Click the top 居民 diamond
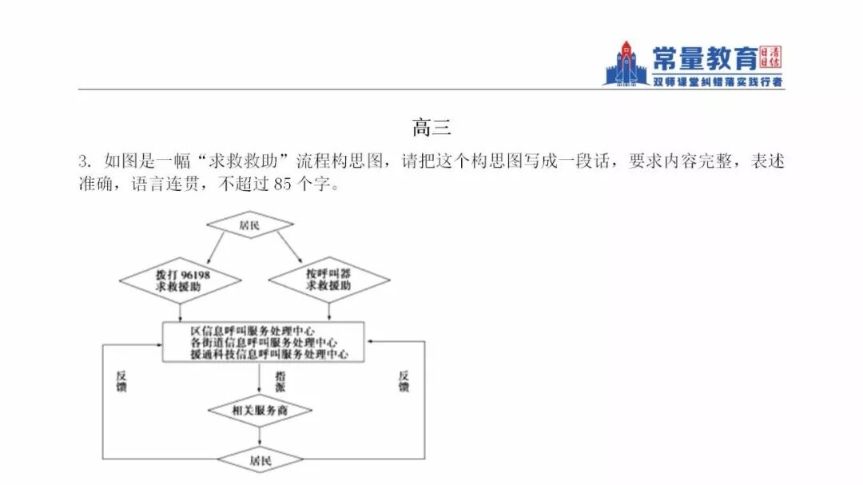tap(250, 225)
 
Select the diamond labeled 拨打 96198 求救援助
tap(180, 280)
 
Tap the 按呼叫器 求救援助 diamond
tap(328, 280)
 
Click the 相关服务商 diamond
tap(260, 410)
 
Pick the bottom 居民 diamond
tap(260, 460)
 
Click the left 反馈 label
tap(121, 381)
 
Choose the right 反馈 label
tap(404, 381)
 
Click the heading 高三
tap(431, 126)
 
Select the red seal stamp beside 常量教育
tap(771, 57)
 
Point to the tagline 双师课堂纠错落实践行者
tap(717, 81)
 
